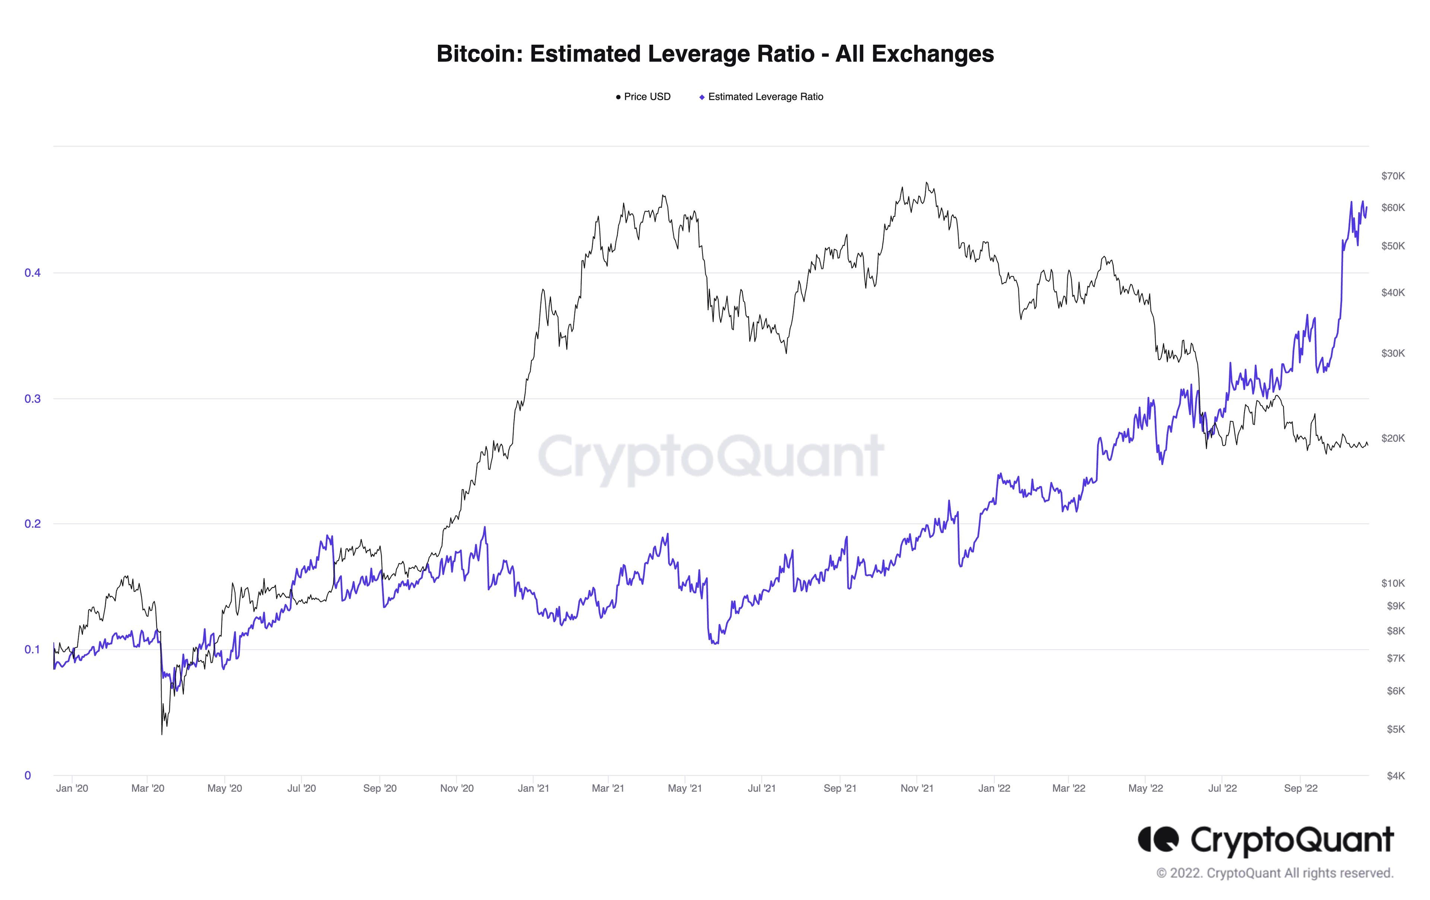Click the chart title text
pyautogui.click(x=715, y=54)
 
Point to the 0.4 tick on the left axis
pyautogui.click(x=32, y=273)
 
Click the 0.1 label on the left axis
pyautogui.click(x=32, y=650)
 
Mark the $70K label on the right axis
pyautogui.click(x=1393, y=176)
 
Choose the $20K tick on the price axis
pyautogui.click(x=1393, y=438)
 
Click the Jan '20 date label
pyautogui.click(x=72, y=788)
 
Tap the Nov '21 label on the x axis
pyautogui.click(x=917, y=788)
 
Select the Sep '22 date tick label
pyautogui.click(x=1300, y=788)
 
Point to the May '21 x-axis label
pyautogui.click(x=685, y=788)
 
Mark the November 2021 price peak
pyautogui.click(x=927, y=183)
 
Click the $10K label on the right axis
pyautogui.click(x=1393, y=583)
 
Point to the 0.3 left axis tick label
pyautogui.click(x=32, y=399)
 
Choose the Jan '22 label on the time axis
pyautogui.click(x=994, y=788)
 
